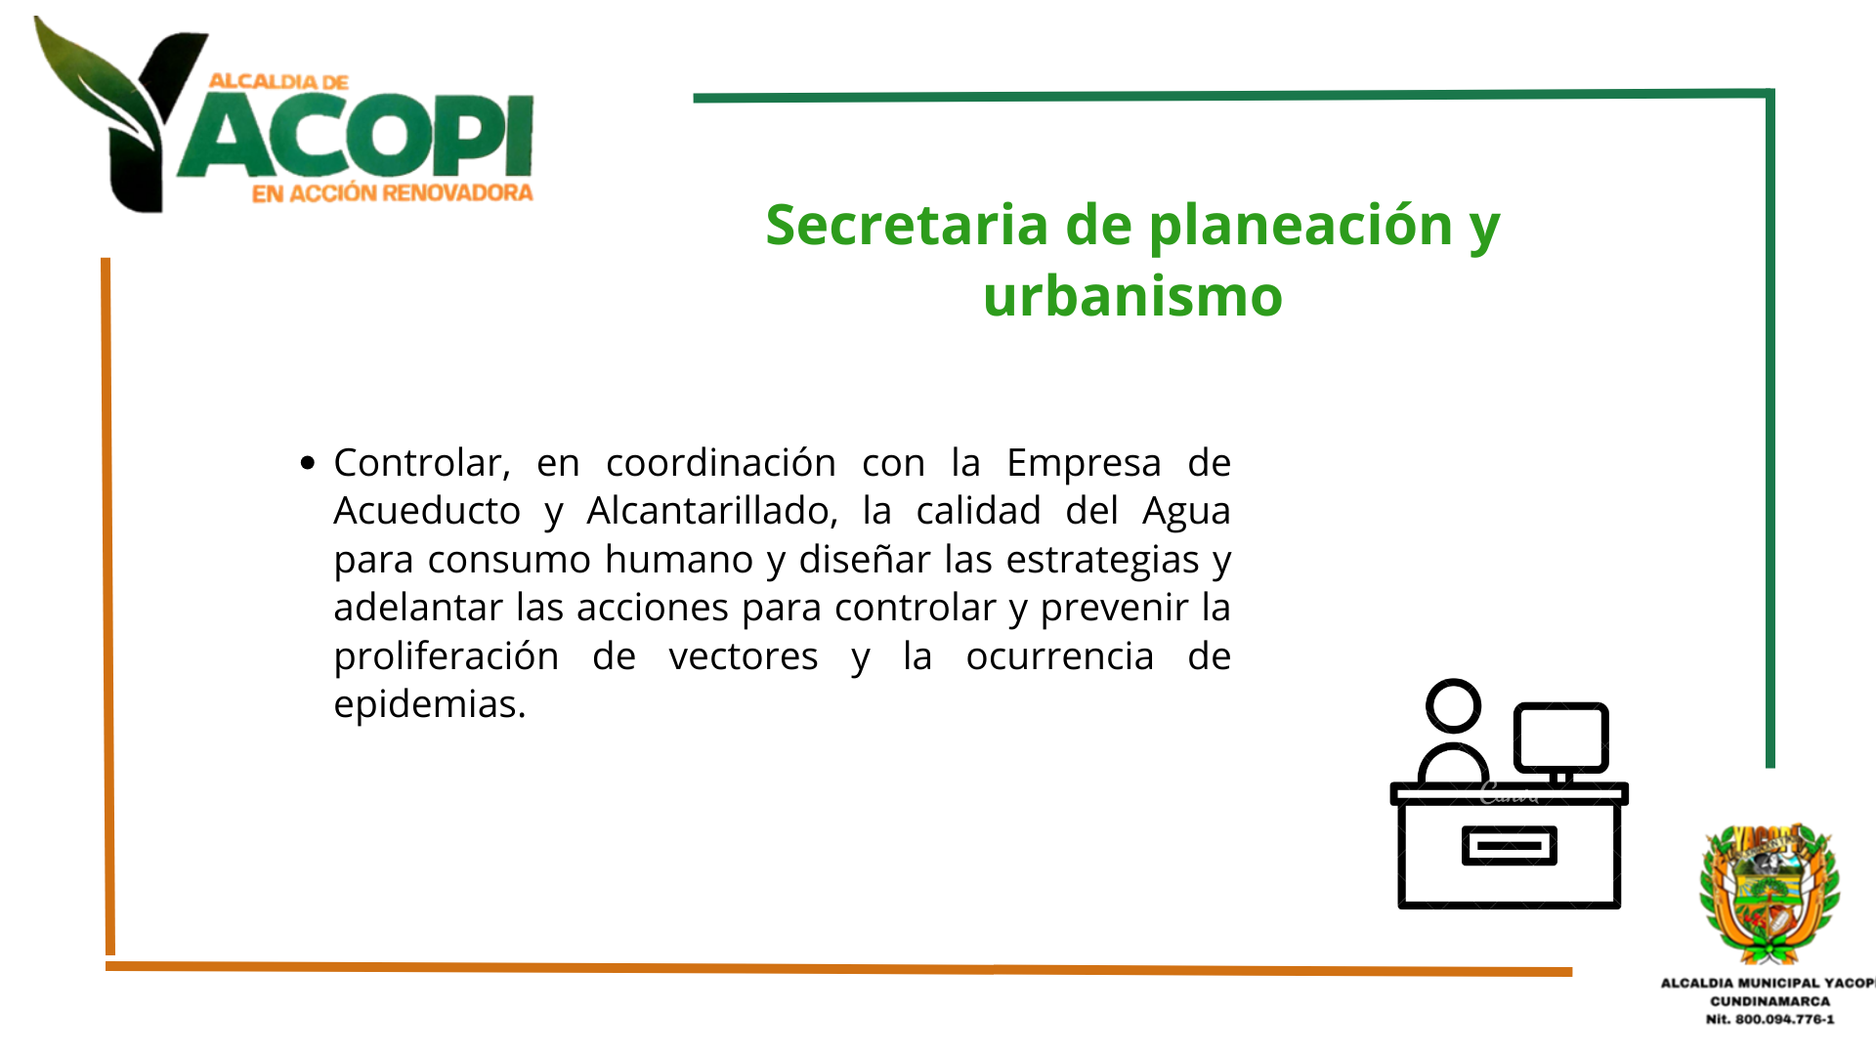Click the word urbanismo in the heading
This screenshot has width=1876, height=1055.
point(1132,296)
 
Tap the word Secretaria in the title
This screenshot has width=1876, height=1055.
point(907,225)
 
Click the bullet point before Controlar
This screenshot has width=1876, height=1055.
point(308,463)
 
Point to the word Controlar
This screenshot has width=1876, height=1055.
point(422,463)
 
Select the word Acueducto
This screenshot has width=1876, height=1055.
point(427,511)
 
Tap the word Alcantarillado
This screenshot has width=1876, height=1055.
point(711,511)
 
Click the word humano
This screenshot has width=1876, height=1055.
point(679,560)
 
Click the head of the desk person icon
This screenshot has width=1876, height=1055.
point(1453,706)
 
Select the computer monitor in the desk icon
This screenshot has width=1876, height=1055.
point(1560,738)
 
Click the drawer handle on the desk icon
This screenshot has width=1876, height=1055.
point(1509,846)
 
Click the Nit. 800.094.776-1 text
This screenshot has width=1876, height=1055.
point(1769,1019)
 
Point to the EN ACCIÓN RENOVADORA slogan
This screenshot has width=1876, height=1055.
point(392,193)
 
